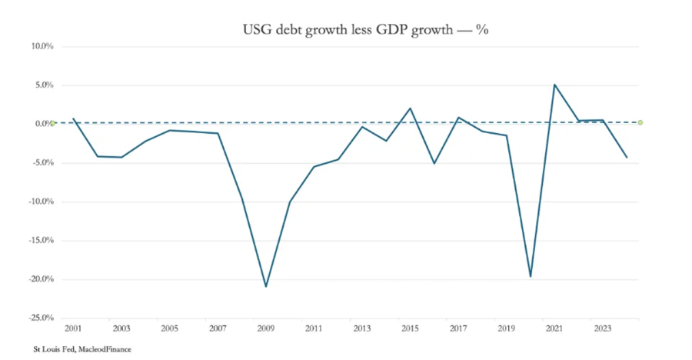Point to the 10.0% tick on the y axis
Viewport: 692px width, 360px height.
coord(42,46)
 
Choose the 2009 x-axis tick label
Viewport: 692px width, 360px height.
coord(265,328)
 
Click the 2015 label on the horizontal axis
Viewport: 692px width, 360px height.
coord(410,328)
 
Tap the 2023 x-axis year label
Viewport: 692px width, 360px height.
coord(602,328)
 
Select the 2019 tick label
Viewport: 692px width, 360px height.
coord(506,328)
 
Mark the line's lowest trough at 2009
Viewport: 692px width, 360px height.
coord(266,286)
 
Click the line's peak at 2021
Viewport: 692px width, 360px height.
coord(554,85)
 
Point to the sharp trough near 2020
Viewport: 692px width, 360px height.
coord(531,276)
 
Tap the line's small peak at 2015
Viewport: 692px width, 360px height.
coord(411,108)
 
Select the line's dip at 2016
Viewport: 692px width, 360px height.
coord(434,163)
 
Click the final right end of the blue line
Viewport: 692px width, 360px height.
coord(627,157)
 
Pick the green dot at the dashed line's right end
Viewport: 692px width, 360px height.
coord(640,122)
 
